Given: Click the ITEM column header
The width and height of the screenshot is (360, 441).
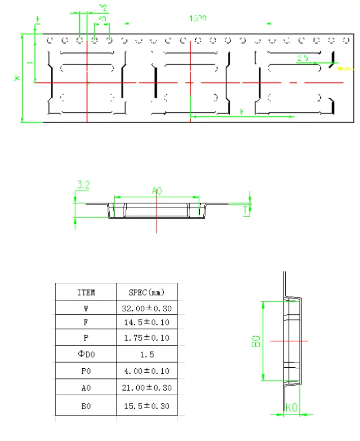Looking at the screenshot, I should tap(86, 292).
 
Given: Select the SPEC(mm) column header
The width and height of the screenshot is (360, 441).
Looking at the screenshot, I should tap(147, 292).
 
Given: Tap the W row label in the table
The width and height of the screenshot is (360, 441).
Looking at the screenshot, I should tap(86, 308).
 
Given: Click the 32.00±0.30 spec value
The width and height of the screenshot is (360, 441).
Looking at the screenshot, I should tap(147, 308).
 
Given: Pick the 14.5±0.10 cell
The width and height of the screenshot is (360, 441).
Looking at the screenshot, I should tap(147, 322).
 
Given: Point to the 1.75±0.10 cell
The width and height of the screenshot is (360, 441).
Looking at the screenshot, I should tap(147, 338).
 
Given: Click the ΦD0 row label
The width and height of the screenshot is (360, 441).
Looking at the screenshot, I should tap(86, 354).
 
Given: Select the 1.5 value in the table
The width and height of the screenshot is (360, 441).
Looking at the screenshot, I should tap(147, 354).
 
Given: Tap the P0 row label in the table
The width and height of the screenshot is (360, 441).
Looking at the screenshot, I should tap(86, 371).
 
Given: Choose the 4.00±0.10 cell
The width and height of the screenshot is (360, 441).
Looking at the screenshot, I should tap(147, 371).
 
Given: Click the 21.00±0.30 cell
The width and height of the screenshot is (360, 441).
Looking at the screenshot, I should tap(147, 388).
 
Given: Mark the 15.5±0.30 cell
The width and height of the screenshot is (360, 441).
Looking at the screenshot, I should tap(147, 406).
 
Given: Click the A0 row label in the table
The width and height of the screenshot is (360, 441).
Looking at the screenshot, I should tap(86, 388).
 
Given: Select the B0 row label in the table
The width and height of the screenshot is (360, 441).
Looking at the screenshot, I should tap(86, 406).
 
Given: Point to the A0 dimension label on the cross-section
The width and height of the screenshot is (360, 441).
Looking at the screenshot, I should tap(157, 191).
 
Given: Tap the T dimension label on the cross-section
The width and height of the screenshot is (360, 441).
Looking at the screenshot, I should tap(245, 210).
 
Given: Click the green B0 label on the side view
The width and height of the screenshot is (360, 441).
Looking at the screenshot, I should tap(256, 341).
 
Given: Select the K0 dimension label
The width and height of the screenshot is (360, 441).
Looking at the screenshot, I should tap(292, 408).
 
